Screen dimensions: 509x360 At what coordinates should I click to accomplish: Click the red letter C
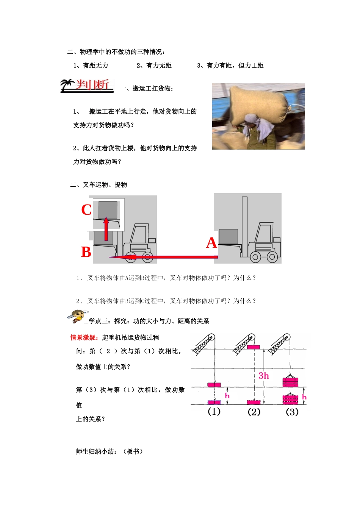pos(86,210)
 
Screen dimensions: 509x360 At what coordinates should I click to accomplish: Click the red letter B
pos(86,252)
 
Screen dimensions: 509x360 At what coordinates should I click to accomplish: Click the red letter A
pos(211,243)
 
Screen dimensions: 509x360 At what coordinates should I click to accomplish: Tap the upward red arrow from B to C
pos(106,229)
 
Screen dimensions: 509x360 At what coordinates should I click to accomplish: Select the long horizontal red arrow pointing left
pos(163,257)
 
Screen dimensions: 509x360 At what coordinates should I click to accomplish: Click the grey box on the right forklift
pos(229,236)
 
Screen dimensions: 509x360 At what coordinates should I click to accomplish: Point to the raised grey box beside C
pos(108,210)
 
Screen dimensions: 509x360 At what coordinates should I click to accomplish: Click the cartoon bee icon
pos(77,315)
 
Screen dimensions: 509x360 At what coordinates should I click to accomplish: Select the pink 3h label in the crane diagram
pos(264,376)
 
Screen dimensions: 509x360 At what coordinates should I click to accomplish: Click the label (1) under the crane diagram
pos(214,412)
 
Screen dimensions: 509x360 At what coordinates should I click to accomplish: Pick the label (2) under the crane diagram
pos(254,412)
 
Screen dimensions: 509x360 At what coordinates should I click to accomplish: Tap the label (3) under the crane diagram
pos(292,412)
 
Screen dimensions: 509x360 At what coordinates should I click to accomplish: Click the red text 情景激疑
pos(84,337)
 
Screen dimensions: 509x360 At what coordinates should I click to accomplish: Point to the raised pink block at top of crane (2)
pos(253,347)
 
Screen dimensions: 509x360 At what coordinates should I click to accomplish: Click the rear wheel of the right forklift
pos(272,258)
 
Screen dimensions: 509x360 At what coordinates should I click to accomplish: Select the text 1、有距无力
pos(91,66)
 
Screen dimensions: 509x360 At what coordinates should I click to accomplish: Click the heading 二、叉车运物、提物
pos(99,185)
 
